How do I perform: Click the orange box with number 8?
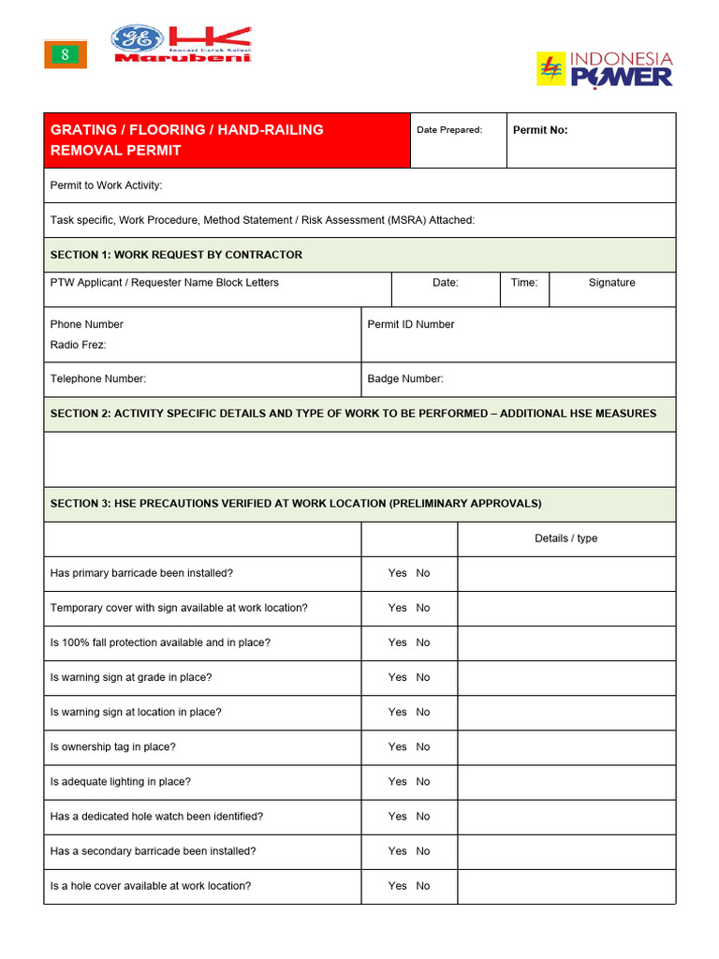point(66,55)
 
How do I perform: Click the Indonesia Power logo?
point(604,70)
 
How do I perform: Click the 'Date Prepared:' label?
point(449,130)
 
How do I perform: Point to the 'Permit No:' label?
point(540,130)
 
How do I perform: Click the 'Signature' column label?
point(611,283)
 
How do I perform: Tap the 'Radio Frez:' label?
point(78,345)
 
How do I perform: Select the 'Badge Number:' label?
point(405,379)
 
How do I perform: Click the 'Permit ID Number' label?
point(411,325)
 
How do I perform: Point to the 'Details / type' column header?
point(565,539)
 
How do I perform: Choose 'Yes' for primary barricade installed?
point(397,573)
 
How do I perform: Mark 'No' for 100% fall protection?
point(423,642)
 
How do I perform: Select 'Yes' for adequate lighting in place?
point(397,782)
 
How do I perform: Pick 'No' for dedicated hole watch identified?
point(423,817)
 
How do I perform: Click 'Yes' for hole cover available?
point(397,886)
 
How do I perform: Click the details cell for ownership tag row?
point(565,747)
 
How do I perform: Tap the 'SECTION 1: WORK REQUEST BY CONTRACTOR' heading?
point(176,255)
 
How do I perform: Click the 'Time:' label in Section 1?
point(524,283)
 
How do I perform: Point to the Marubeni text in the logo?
point(183,57)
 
